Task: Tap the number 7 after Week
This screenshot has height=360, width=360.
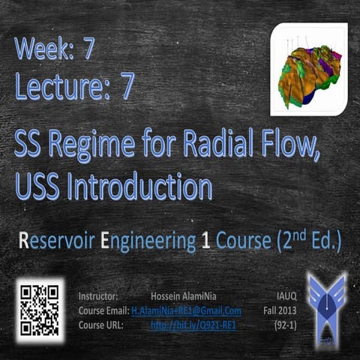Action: tap(89, 50)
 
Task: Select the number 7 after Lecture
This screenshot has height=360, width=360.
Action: tap(127, 88)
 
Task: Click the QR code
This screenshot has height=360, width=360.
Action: tap(39, 309)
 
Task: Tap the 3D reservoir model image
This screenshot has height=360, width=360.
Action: tap(308, 70)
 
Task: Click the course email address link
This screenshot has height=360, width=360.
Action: tap(186, 310)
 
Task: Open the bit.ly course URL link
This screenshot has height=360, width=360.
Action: tap(193, 325)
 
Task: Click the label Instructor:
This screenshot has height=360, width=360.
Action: tap(98, 295)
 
